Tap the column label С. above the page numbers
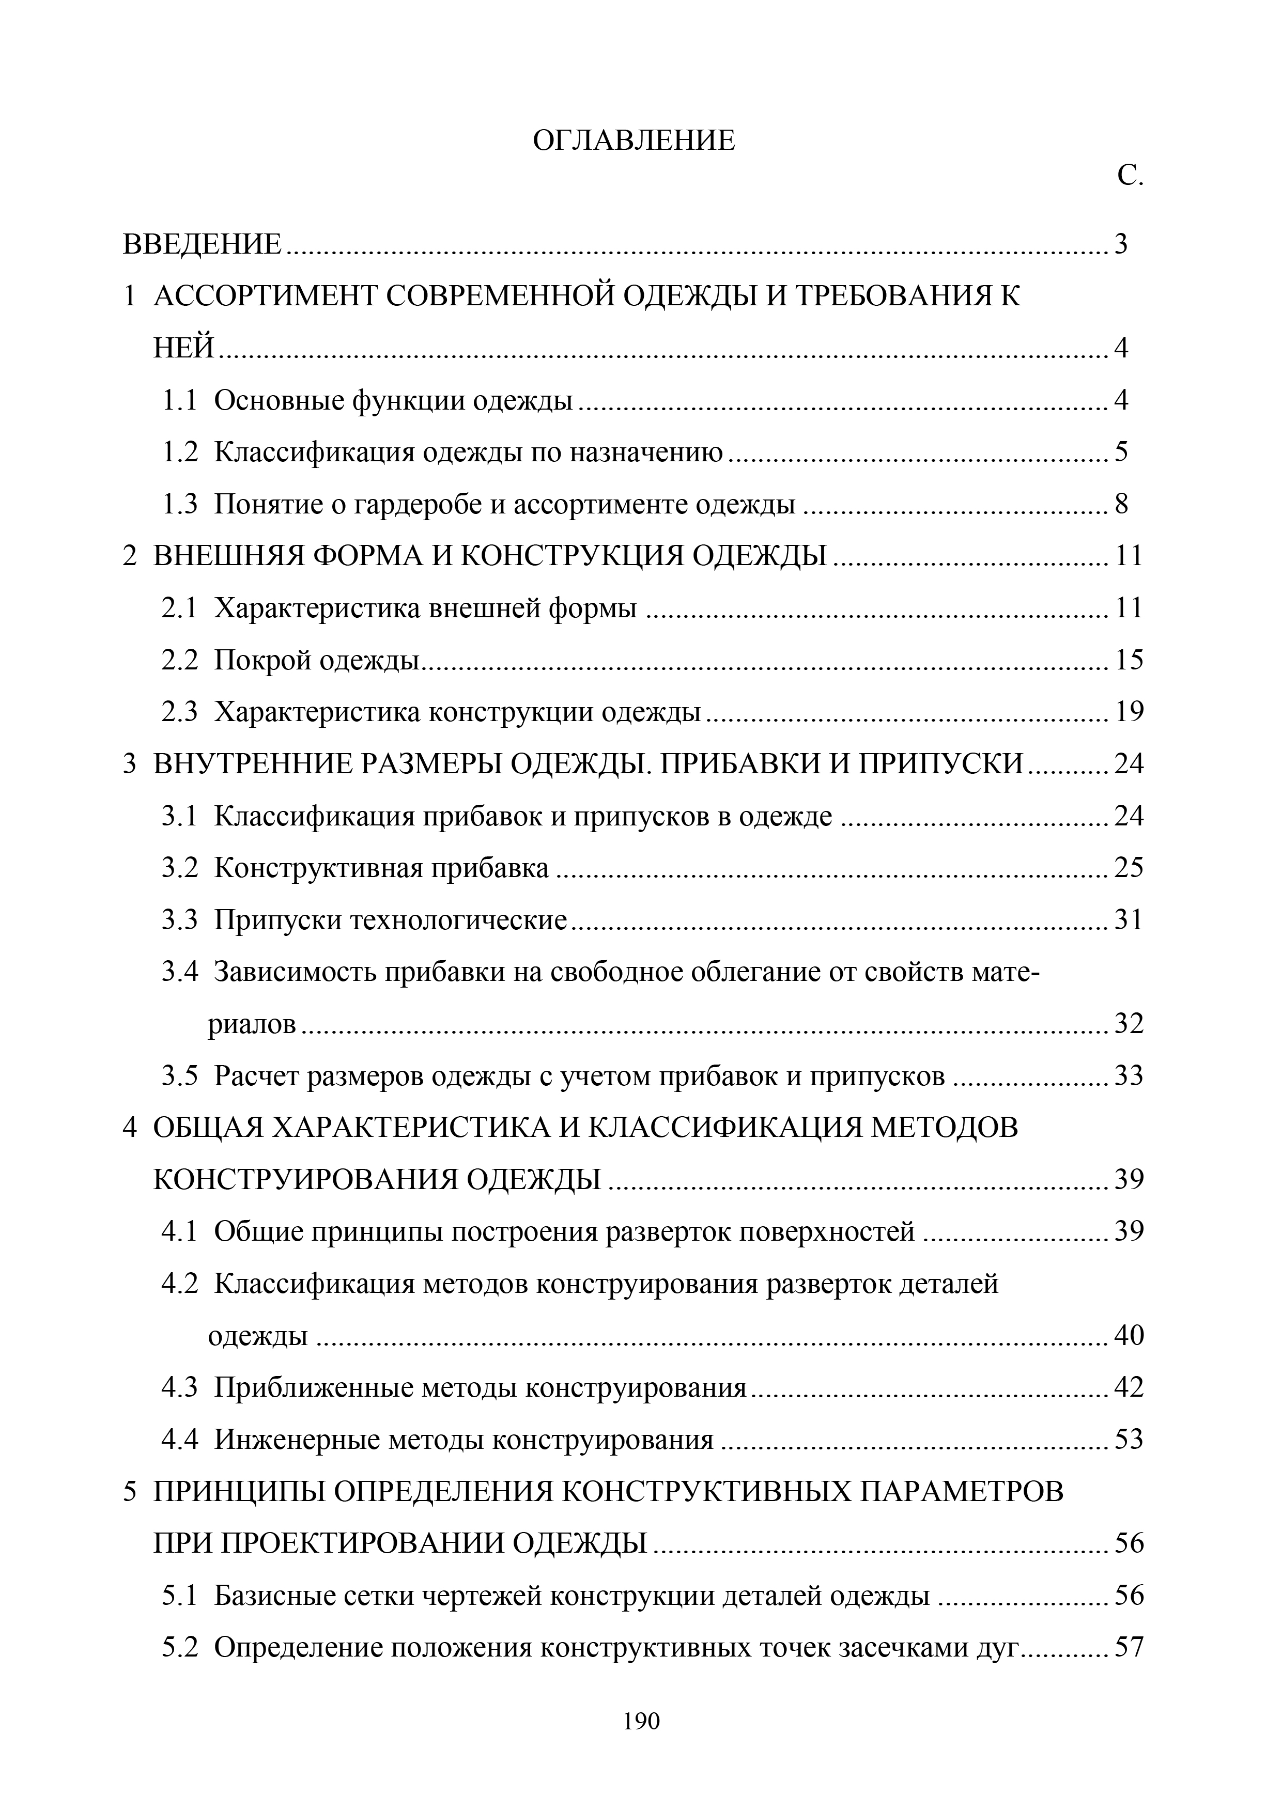click(1130, 177)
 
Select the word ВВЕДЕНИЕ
click(202, 244)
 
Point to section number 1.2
click(180, 452)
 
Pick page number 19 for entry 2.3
click(1129, 712)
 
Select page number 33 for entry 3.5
click(1129, 1075)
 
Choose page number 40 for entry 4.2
click(1129, 1335)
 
